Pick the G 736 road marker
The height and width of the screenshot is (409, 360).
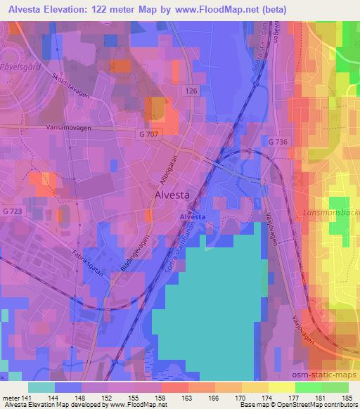(x=278, y=142)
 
